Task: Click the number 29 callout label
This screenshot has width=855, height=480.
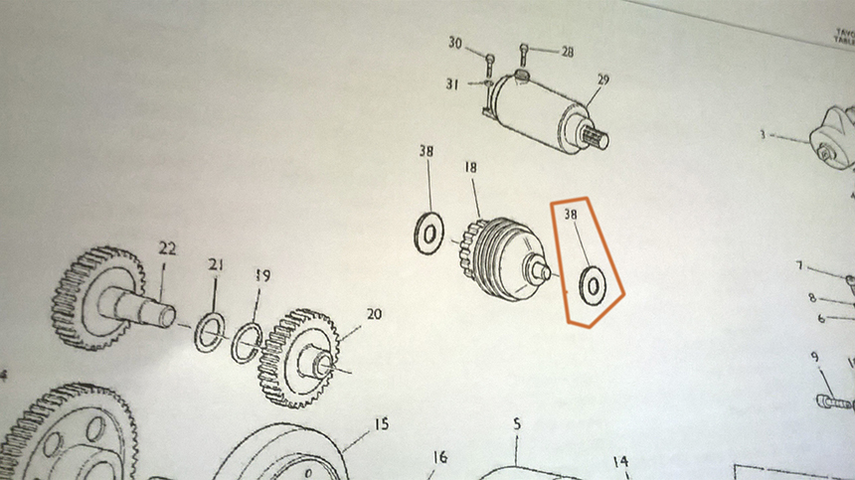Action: [602, 80]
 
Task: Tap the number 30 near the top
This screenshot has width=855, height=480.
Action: [455, 43]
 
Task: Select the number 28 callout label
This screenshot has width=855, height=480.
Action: [567, 51]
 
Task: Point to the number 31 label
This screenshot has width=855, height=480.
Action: [452, 84]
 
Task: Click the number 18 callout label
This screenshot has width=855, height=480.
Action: [471, 169]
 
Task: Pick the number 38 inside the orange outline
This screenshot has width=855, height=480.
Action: [571, 214]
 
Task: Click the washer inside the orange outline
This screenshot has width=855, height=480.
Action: [593, 286]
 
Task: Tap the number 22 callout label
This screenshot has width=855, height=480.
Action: [167, 247]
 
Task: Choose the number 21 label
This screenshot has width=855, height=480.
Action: [217, 264]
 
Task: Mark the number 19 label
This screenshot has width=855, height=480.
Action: [262, 275]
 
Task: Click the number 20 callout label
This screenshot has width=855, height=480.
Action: [374, 314]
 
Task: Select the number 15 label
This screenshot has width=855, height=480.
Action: [381, 424]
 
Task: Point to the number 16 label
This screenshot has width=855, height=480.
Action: [439, 457]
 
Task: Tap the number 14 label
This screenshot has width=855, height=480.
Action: [620, 461]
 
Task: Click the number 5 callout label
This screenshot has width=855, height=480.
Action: [517, 424]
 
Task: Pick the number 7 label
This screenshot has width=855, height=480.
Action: [798, 265]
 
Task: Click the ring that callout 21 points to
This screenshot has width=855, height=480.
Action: [210, 333]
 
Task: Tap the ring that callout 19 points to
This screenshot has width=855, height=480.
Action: [248, 344]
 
